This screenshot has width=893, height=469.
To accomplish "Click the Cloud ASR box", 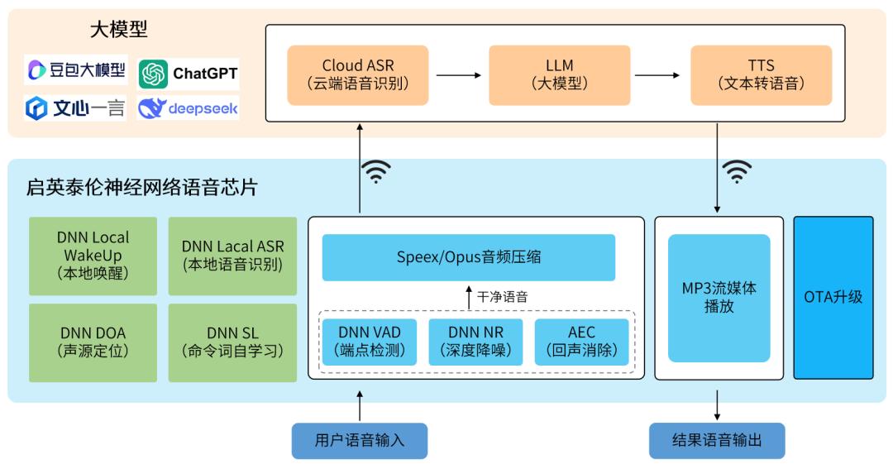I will click(x=357, y=74).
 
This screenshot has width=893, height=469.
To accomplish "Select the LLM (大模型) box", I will click(x=559, y=74).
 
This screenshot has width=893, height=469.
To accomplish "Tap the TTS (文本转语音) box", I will click(x=761, y=74).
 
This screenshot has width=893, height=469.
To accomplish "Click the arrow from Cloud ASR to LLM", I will click(x=458, y=75).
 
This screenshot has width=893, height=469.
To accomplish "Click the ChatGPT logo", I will click(x=189, y=74).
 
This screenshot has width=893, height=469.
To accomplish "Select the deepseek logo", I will click(x=189, y=108).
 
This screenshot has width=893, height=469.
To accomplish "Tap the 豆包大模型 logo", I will click(x=76, y=71).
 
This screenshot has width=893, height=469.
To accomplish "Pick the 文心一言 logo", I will click(x=76, y=108).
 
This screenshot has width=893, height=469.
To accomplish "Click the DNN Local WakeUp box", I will click(x=93, y=256).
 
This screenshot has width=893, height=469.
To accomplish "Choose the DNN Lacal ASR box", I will click(x=232, y=256).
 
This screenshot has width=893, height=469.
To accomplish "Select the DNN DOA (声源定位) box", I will click(x=93, y=342).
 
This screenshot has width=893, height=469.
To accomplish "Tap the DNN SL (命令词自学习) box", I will click(x=232, y=342).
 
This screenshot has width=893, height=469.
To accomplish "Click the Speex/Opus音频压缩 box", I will click(x=468, y=257).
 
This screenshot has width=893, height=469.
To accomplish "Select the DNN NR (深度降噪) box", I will click(x=475, y=342).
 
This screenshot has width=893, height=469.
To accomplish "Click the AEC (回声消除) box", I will click(x=581, y=342).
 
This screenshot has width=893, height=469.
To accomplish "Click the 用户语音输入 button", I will click(x=360, y=441).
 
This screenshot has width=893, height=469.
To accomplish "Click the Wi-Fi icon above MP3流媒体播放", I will click(x=737, y=171).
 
